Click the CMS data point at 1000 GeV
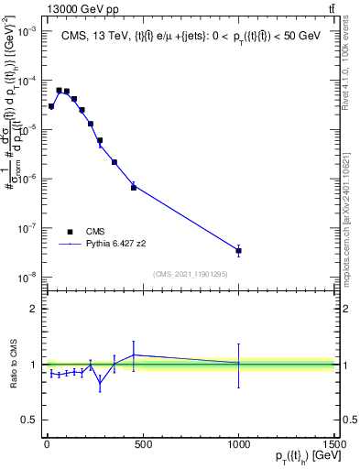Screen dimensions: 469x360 pos(238,250)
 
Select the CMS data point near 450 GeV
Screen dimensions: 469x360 pos(133,187)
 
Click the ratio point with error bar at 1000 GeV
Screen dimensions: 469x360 pos(238,364)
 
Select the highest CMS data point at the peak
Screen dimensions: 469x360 pos(59,91)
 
